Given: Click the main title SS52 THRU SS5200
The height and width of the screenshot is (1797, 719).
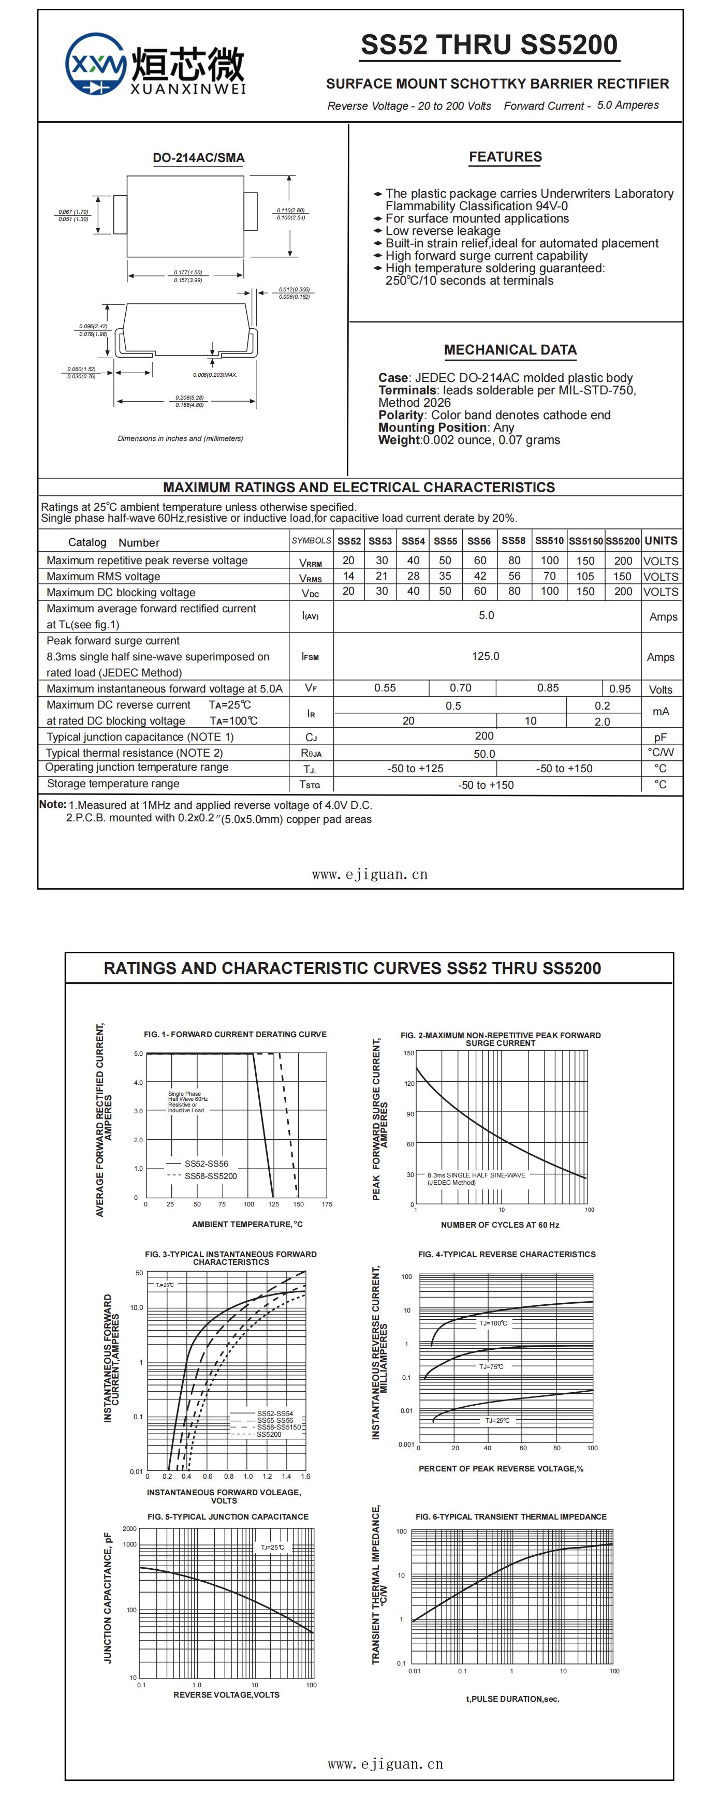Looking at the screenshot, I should pos(489,46).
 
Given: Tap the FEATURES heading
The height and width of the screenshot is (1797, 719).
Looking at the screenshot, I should pos(505,157).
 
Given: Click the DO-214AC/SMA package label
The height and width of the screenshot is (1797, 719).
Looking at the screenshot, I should pos(199,158).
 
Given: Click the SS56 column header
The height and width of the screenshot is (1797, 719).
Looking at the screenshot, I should pos(479,541).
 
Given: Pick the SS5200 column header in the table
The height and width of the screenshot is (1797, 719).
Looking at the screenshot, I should pos(622,541).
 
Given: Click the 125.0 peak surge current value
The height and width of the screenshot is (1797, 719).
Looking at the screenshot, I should pos(486,656).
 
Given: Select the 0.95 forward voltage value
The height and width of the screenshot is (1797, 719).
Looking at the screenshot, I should pos(620,688).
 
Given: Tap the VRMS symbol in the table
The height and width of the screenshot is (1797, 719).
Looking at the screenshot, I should pos(311,578).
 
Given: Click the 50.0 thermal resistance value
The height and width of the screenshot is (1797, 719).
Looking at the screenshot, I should pos(484,754).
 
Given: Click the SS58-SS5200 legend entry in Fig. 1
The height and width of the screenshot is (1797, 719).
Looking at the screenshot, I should pos(211,1176).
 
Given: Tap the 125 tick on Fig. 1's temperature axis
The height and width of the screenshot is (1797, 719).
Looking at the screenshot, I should pos(273,1204).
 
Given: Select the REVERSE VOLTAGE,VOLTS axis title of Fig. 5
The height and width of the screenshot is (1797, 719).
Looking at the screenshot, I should pos(226,1695).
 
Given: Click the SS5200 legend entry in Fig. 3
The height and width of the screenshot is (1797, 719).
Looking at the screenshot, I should pos(269,1434).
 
